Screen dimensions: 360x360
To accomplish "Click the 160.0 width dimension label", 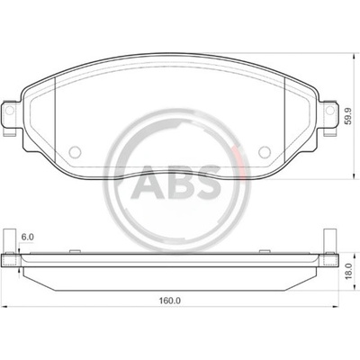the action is (170, 301).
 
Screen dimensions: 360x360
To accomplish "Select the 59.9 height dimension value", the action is (347, 116).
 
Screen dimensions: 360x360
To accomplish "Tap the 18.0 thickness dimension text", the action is (348, 271).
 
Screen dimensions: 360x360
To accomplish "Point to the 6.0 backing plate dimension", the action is (27, 237).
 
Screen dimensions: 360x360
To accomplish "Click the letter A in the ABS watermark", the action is (148, 183).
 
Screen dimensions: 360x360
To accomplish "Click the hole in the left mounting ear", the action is (10, 111).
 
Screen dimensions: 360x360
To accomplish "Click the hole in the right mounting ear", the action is (330, 110).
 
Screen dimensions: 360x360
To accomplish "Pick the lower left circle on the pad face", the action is (75, 152).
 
